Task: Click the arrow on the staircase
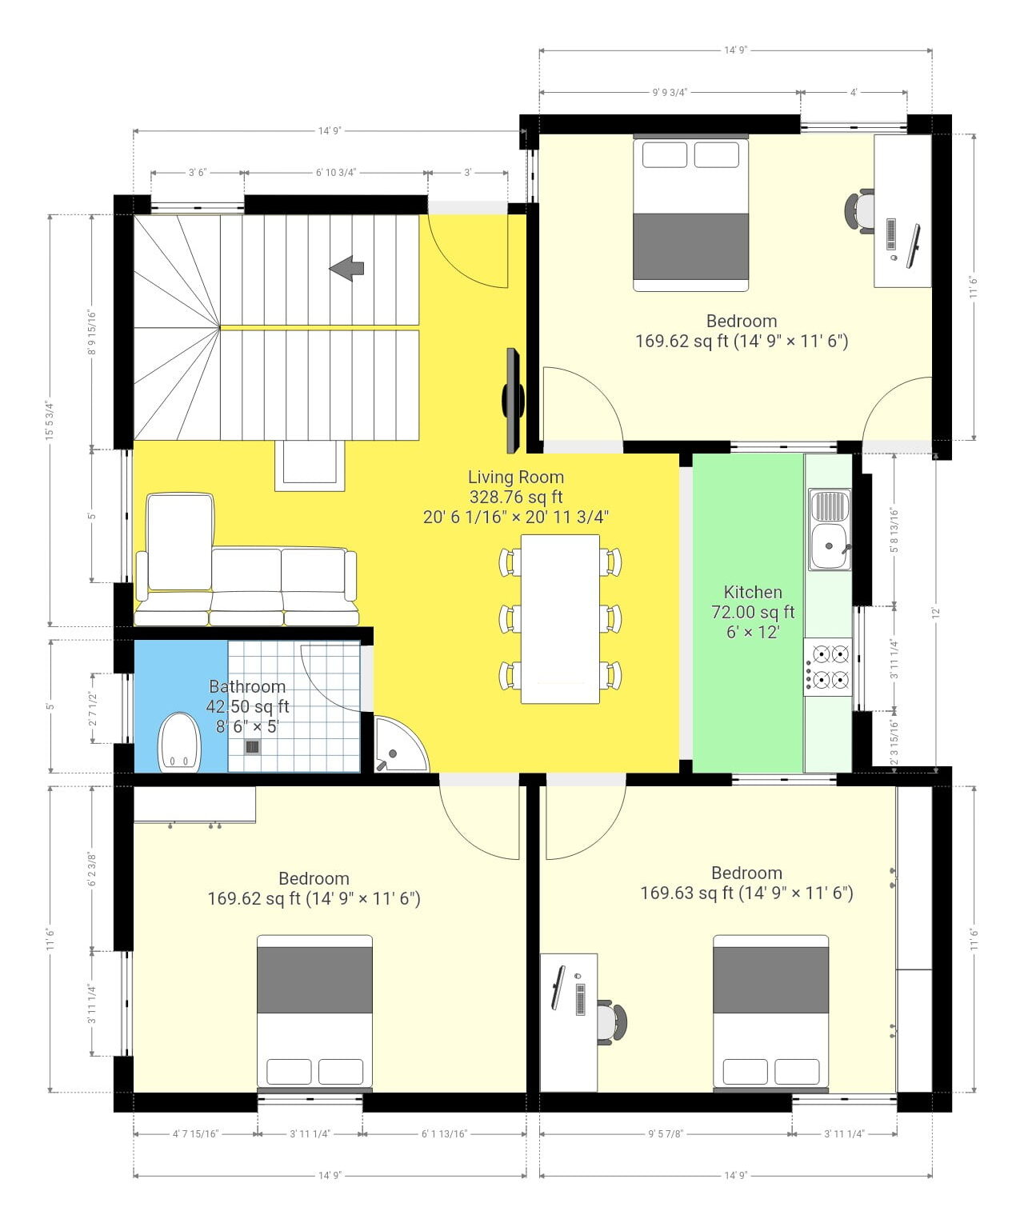click(346, 268)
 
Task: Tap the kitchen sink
click(830, 530)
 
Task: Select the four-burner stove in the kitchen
click(829, 667)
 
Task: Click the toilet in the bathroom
click(179, 743)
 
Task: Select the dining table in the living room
click(560, 619)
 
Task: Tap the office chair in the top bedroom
click(859, 211)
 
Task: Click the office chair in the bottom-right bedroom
click(611, 1022)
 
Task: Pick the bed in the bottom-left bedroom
click(314, 1013)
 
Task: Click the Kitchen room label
click(752, 592)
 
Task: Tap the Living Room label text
click(516, 478)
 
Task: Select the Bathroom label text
click(247, 686)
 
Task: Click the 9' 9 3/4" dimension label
click(670, 93)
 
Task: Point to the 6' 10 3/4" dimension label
click(335, 173)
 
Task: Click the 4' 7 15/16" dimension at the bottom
click(195, 1133)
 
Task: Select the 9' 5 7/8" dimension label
click(666, 1133)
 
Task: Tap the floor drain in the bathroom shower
click(252, 747)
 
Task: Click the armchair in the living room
click(180, 544)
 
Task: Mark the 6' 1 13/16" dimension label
click(444, 1133)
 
